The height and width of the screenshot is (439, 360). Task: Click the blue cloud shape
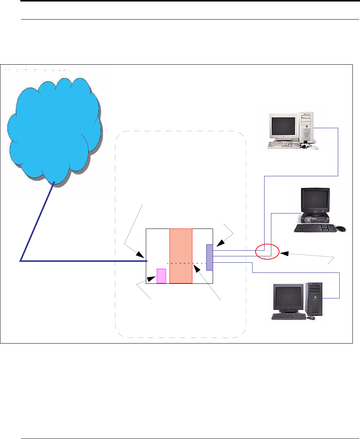tap(54, 128)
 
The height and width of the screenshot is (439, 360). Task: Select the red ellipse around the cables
tap(267, 251)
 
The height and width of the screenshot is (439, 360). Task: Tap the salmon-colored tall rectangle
tap(181, 256)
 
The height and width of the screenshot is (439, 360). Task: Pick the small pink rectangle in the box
tap(161, 276)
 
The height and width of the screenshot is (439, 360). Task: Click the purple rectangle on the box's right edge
tap(210, 257)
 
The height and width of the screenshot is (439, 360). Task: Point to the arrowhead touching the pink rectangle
tap(153, 279)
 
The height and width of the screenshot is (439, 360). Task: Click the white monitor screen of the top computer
tap(283, 127)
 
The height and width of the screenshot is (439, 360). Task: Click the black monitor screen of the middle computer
tap(315, 200)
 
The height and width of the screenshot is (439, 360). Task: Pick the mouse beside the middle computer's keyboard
tap(340, 228)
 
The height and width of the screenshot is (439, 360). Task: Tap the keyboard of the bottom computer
tap(288, 316)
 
